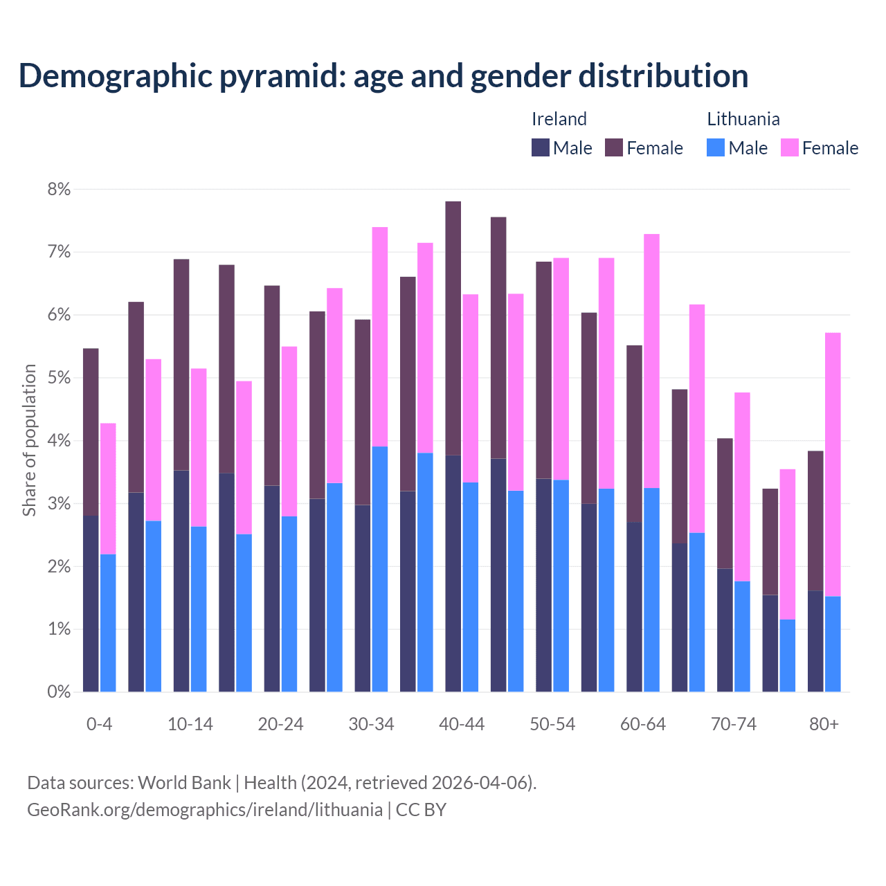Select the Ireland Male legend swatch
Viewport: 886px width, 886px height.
click(x=541, y=147)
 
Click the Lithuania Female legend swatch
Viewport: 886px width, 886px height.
click(x=789, y=147)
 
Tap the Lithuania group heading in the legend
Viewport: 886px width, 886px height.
click(x=743, y=119)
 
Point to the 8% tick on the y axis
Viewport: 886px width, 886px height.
click(x=59, y=189)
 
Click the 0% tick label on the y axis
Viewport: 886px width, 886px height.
click(x=59, y=691)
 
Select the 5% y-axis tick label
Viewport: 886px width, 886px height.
click(x=59, y=378)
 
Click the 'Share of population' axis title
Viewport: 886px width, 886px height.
click(x=29, y=440)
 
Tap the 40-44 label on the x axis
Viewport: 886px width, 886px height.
click(x=462, y=725)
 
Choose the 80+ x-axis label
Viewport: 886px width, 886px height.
click(x=824, y=725)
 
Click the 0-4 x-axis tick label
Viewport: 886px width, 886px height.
click(x=99, y=725)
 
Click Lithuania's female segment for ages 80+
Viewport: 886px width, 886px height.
click(x=833, y=464)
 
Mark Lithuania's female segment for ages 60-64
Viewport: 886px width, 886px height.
click(x=651, y=361)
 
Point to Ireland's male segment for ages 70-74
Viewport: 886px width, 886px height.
click(x=725, y=630)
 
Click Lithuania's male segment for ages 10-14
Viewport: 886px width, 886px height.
click(x=199, y=609)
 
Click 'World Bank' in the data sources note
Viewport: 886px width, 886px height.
click(x=184, y=783)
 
